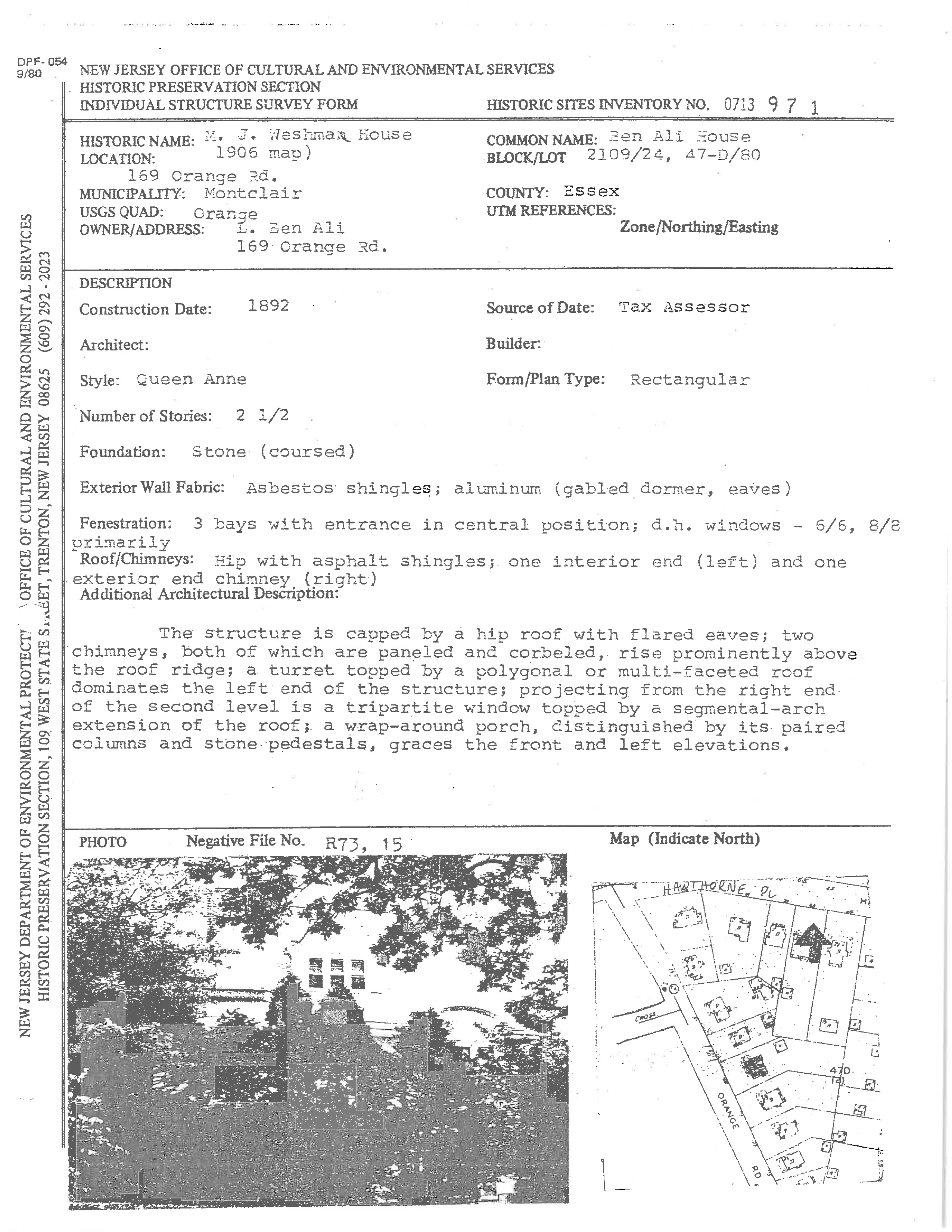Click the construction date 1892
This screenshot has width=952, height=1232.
(268, 306)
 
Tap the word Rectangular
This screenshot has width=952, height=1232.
(689, 380)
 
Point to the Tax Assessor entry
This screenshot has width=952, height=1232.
(684, 307)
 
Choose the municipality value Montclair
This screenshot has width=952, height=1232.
(253, 193)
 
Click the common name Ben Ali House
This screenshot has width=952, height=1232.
(679, 137)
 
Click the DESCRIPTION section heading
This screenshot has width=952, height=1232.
(125, 283)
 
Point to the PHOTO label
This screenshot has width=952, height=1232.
(103, 842)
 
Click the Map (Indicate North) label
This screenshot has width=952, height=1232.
(684, 839)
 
